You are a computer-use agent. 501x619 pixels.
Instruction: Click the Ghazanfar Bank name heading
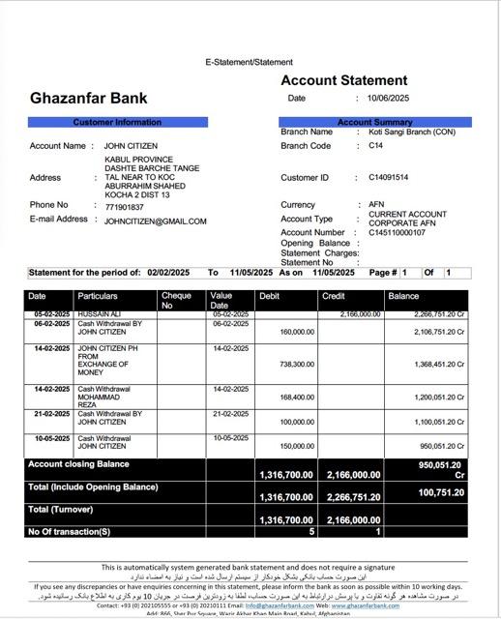[89, 98]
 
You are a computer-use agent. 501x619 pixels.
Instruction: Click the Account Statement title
[343, 80]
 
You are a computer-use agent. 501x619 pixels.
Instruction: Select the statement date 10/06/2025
[389, 99]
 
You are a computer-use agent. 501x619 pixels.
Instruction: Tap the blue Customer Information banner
[117, 123]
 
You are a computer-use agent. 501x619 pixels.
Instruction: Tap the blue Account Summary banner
[374, 123]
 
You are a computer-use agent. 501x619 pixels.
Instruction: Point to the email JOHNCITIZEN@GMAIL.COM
[155, 221]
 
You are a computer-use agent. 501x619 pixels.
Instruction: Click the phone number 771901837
[124, 207]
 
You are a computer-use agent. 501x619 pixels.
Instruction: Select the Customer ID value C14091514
[388, 178]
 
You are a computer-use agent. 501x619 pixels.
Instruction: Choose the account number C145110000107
[397, 233]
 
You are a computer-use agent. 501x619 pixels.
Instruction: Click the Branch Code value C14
[375, 146]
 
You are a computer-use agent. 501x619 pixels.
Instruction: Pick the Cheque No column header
[176, 300]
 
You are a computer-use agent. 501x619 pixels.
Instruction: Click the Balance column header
[403, 296]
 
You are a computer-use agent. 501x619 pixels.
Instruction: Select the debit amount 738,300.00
[296, 365]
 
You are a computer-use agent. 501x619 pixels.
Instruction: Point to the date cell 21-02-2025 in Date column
[51, 414]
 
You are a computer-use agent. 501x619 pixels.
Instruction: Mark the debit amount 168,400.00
[296, 398]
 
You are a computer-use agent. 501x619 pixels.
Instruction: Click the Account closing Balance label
[78, 464]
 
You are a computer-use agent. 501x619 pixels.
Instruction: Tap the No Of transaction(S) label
[69, 531]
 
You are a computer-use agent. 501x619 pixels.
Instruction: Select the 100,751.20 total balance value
[441, 493]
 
